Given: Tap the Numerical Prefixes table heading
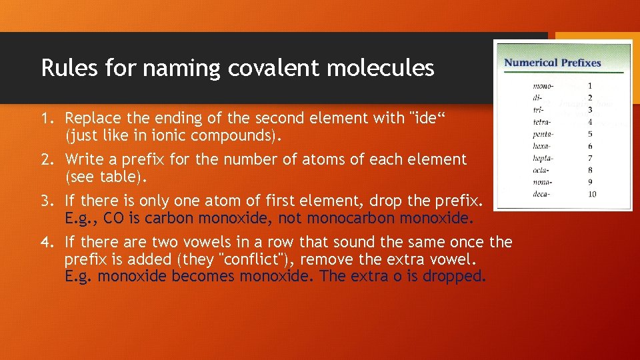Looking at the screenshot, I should pyautogui.click(x=552, y=63).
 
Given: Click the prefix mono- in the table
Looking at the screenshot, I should pyautogui.click(x=543, y=86).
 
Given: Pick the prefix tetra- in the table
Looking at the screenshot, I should pyautogui.click(x=543, y=122).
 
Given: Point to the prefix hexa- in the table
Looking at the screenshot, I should pyautogui.click(x=543, y=146).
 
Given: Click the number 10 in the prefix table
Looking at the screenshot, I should pyautogui.click(x=591, y=194).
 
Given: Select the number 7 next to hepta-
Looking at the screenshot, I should pyautogui.click(x=589, y=158).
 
